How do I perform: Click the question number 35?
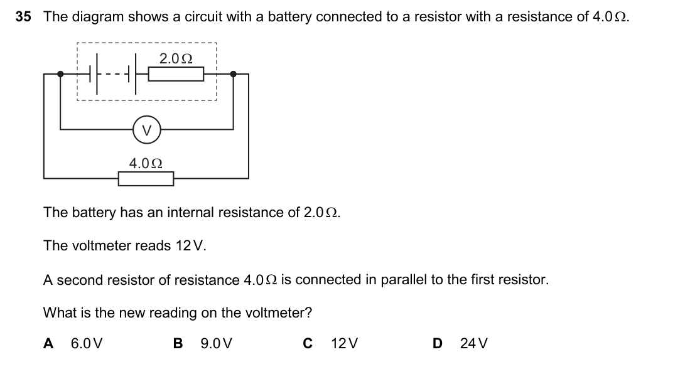pyautogui.click(x=23, y=17)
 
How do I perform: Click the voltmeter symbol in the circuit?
pyautogui.click(x=146, y=130)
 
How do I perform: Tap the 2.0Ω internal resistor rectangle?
pyautogui.click(x=176, y=74)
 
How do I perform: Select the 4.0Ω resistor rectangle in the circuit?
pyautogui.click(x=146, y=178)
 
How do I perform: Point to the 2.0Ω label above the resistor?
pyautogui.click(x=176, y=58)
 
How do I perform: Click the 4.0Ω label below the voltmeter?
pyautogui.click(x=146, y=164)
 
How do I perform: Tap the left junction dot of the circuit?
pyautogui.click(x=60, y=74)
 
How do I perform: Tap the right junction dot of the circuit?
pyautogui.click(x=233, y=74)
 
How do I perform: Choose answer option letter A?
pyautogui.click(x=48, y=343)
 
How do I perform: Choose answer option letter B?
pyautogui.click(x=178, y=343)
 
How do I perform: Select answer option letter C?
pyautogui.click(x=308, y=343)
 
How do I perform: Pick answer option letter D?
pyautogui.click(x=438, y=343)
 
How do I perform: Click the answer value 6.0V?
pyautogui.click(x=87, y=343)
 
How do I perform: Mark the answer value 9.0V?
pyautogui.click(x=217, y=343)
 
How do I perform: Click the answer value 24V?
pyautogui.click(x=474, y=343)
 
